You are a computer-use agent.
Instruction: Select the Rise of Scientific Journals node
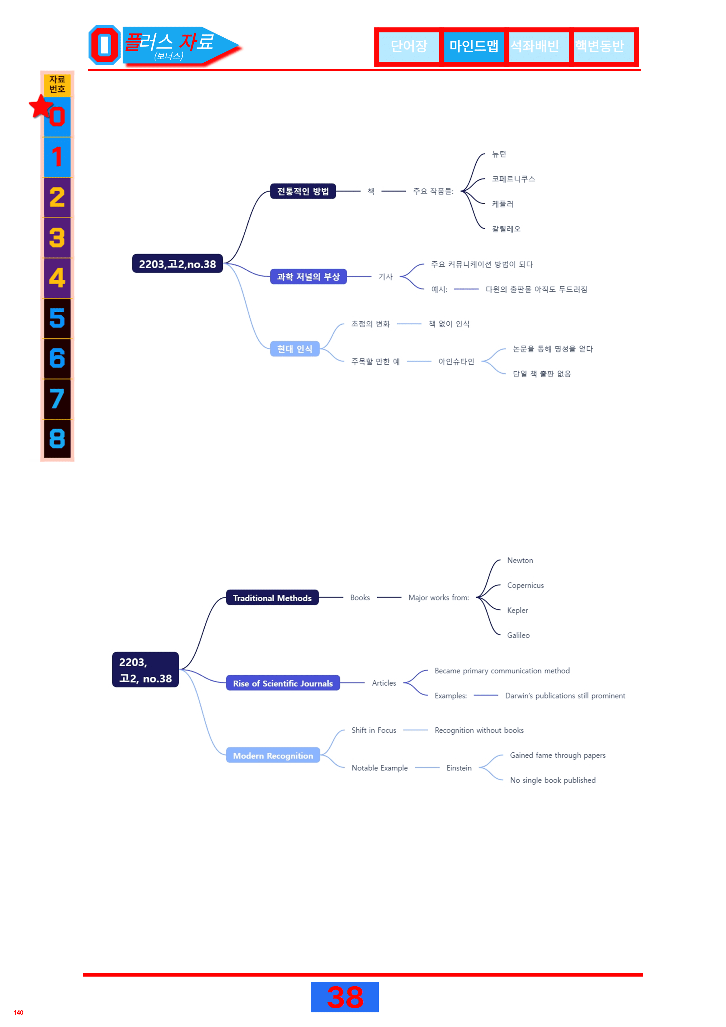click(x=283, y=683)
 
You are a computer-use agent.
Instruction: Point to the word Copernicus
click(x=525, y=585)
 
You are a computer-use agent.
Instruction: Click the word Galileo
click(x=518, y=635)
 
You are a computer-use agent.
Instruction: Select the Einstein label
click(x=459, y=768)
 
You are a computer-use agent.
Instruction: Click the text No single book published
click(x=553, y=780)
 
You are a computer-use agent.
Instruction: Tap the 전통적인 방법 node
click(x=303, y=191)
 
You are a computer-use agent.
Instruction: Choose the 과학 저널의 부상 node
click(x=308, y=276)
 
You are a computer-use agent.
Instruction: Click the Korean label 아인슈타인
click(x=456, y=361)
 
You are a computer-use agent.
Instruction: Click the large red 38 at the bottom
click(x=345, y=997)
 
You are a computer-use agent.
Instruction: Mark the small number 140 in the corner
click(x=19, y=1012)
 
